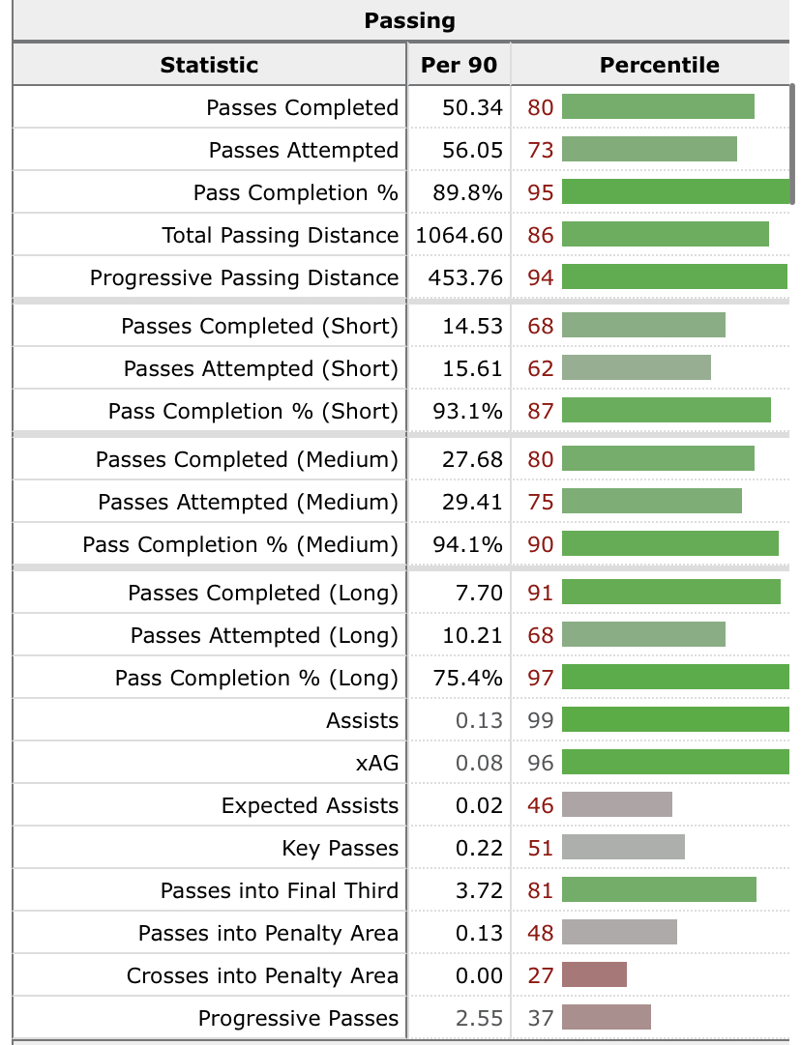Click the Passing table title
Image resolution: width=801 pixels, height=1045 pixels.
(409, 20)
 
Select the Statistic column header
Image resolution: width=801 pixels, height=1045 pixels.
(209, 65)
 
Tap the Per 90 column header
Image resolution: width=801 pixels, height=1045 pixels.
(459, 65)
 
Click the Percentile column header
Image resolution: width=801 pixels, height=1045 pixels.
(659, 65)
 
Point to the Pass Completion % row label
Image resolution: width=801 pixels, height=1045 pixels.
(295, 192)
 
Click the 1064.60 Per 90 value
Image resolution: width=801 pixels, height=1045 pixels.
(460, 235)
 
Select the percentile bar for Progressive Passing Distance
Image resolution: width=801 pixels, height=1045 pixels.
(674, 277)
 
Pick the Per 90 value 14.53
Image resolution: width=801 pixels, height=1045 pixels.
(472, 326)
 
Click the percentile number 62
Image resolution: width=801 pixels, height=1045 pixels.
(541, 368)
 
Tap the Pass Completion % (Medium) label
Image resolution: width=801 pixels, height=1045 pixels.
(240, 544)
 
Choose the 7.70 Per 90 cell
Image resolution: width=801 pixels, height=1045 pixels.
(479, 593)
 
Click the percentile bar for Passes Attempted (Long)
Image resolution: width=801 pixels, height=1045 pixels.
(643, 635)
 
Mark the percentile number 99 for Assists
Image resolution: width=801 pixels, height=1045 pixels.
(541, 720)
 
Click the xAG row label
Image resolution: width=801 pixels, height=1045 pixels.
(377, 763)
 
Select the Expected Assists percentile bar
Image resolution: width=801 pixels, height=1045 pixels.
(617, 805)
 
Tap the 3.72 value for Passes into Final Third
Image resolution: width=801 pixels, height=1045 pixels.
(479, 890)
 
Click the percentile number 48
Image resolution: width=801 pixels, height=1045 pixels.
(541, 933)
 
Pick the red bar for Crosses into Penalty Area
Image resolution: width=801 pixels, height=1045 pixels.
(594, 975)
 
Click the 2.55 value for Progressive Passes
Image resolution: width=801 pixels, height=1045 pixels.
(479, 1018)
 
